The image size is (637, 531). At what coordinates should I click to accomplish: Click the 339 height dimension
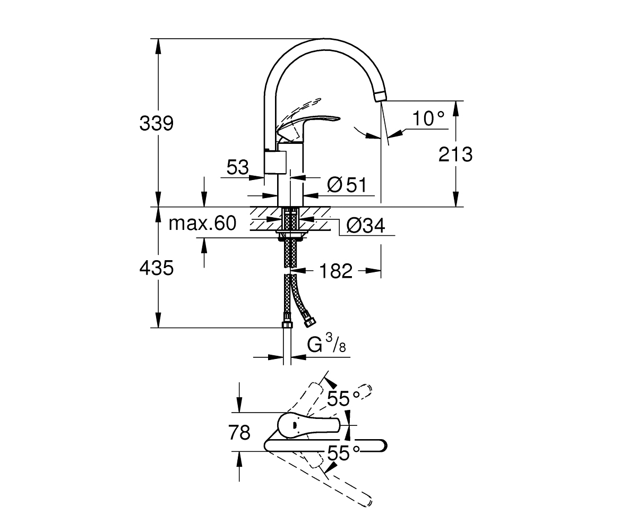tap(156, 124)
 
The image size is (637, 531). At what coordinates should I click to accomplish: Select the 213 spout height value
tap(455, 154)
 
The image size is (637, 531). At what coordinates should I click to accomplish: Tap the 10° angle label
tap(428, 118)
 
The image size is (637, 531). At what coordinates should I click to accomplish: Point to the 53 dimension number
tap(237, 167)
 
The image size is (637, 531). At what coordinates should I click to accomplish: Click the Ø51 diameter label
tap(347, 185)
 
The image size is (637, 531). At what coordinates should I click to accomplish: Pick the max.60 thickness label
tap(202, 223)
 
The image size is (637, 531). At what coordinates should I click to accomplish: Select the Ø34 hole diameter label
tap(366, 226)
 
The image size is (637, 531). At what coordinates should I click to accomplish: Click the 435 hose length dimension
tap(156, 268)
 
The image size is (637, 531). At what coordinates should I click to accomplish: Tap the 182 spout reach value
tap(335, 271)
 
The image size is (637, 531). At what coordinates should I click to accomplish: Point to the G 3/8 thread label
tap(326, 344)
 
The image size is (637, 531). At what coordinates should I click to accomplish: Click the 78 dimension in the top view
tap(239, 432)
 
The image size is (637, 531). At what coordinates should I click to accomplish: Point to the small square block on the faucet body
tap(275, 162)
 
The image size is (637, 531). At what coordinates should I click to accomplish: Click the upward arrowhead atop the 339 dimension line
tap(158, 46)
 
